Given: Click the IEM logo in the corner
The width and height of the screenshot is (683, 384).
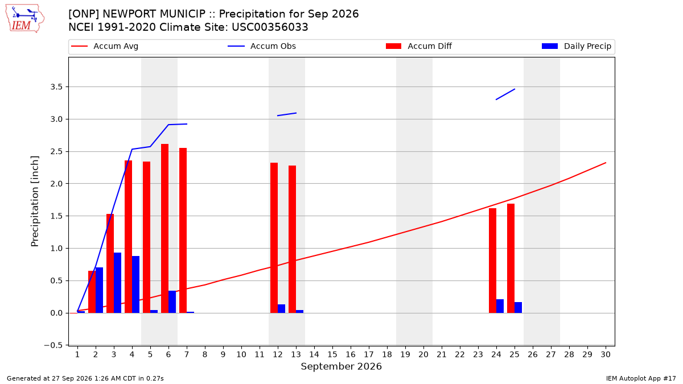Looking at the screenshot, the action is coord(25,19).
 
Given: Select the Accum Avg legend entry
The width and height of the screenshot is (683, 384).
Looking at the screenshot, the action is coord(105,46).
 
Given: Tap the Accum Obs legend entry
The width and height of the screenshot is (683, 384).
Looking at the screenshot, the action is coord(262,46).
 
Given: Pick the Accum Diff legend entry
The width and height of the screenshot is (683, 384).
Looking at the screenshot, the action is coord(419,46).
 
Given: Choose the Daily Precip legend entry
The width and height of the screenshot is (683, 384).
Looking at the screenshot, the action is coord(577,46).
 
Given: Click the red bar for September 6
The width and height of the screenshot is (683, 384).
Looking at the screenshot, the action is coord(164,228).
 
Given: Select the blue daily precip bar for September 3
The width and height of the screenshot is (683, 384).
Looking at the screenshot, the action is coord(117,283).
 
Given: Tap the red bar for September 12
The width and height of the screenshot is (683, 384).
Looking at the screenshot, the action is coord(274,238).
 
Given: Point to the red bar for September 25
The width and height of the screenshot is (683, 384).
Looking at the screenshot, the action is coord(511,258).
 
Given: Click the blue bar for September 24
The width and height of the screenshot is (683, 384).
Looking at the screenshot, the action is coord(500,306).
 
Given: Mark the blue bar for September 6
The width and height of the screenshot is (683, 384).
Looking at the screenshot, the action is coord(172,302).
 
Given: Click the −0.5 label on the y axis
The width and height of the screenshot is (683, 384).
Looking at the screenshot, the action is coord(53,345).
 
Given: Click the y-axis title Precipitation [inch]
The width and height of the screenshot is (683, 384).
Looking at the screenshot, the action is coord(35,201).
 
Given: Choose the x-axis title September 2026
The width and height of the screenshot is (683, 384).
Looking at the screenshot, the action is coord(341,366).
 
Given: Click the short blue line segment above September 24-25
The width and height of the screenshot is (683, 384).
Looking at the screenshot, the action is coord(505,94).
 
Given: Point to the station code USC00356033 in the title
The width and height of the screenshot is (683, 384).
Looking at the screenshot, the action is coord(270,27).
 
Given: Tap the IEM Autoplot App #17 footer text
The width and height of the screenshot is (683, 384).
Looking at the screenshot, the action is coord(641,378).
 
